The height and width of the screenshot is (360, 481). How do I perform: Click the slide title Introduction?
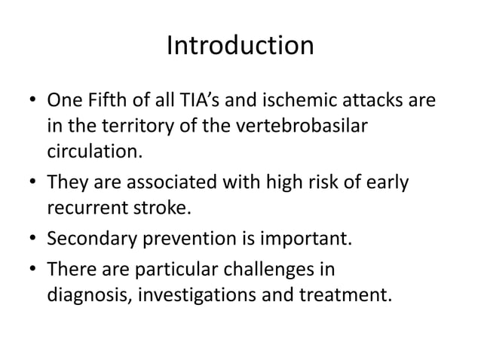240,46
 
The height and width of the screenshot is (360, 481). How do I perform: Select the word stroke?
153,207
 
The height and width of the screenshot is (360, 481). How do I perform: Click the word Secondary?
87,240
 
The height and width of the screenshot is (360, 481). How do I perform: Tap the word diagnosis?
84,294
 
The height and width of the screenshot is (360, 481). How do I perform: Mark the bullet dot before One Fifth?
32,101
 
